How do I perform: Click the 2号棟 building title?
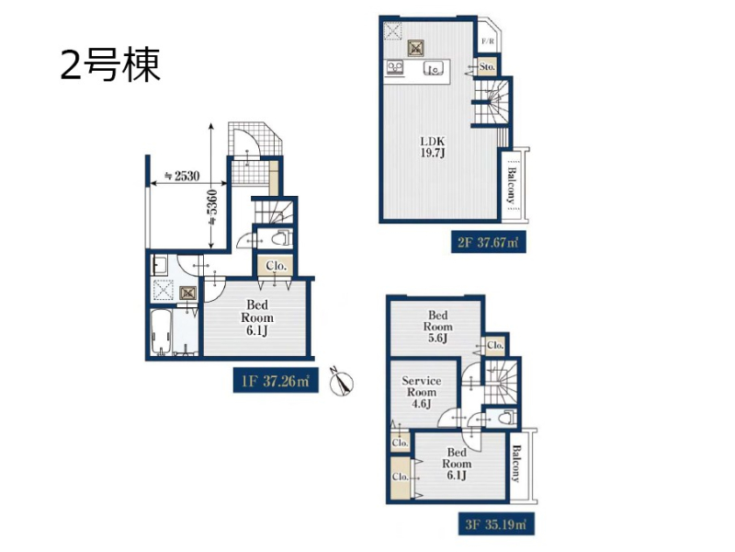(110, 64)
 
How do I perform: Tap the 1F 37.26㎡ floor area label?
(276, 380)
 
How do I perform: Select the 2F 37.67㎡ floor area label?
(488, 242)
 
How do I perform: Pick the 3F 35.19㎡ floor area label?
(496, 523)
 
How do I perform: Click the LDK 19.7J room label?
(432, 146)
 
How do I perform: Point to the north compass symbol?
(342, 381)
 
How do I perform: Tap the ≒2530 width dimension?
(181, 176)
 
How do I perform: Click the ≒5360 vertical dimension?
(212, 209)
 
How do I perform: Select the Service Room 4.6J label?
(421, 392)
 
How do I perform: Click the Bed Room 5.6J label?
(438, 327)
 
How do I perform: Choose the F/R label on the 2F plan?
(488, 41)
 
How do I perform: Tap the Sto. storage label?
(487, 67)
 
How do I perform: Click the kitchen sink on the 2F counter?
(434, 69)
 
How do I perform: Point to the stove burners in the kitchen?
(395, 67)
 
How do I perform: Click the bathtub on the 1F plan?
(160, 332)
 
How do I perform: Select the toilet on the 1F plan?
(282, 238)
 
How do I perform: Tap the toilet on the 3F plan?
(505, 418)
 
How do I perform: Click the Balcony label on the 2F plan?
(512, 185)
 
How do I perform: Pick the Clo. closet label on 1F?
(276, 266)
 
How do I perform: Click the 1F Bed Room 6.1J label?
(257, 317)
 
